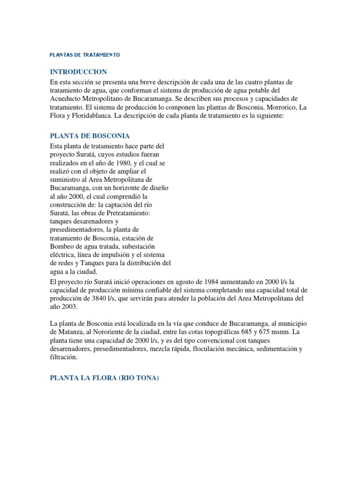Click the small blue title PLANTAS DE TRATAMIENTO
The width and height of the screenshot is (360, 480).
point(85,55)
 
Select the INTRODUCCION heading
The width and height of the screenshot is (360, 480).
point(78,72)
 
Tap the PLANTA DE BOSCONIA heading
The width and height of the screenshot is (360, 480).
point(90,136)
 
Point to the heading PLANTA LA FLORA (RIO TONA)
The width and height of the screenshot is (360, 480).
point(105,377)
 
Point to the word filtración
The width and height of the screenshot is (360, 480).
point(63,358)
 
